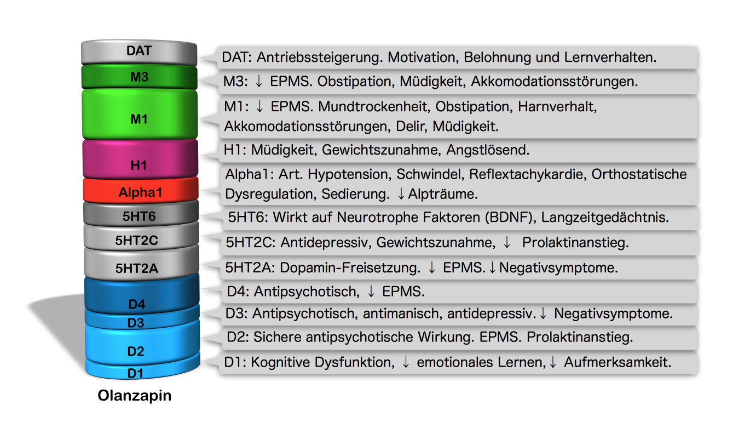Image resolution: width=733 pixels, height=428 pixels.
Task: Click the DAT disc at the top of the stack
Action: pyautogui.click(x=139, y=52)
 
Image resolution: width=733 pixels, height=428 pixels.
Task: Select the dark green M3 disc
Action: pyautogui.click(x=139, y=77)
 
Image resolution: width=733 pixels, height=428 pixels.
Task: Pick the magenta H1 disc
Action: pyautogui.click(x=139, y=163)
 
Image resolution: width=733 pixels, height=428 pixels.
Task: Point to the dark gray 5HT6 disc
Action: pyautogui.click(x=139, y=216)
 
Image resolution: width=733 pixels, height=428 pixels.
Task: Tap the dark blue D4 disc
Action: pyautogui.click(x=139, y=300)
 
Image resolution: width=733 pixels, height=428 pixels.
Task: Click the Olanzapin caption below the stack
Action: pyautogui.click(x=135, y=395)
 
